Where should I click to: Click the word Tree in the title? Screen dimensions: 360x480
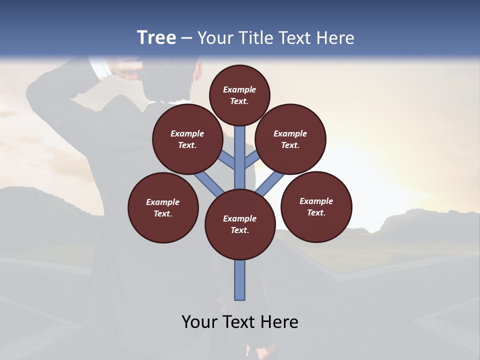[x=156, y=38]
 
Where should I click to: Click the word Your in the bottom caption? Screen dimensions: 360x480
[x=200, y=322]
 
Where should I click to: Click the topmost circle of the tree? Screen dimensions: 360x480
[x=239, y=95]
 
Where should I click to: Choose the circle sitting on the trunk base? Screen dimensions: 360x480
[x=240, y=224]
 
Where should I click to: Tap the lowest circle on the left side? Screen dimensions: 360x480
[x=163, y=207]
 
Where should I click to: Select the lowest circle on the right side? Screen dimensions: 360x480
[x=316, y=206]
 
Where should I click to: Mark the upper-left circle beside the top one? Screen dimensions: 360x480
[x=187, y=139]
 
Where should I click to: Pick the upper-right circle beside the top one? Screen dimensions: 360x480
[x=290, y=139]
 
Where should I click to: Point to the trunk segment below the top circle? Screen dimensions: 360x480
[x=240, y=150]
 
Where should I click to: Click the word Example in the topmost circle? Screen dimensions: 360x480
[x=239, y=90]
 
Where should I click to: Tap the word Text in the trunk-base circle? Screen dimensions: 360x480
[x=239, y=230]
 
